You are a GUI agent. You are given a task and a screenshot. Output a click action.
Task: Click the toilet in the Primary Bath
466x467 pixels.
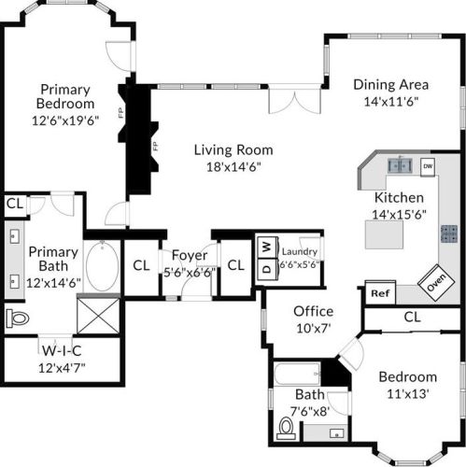click(x=18, y=318)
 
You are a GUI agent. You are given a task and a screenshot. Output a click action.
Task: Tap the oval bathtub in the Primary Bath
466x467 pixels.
click(x=102, y=265)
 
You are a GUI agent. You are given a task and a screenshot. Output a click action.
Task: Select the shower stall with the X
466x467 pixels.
click(x=98, y=316)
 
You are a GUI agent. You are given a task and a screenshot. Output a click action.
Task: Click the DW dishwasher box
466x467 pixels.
click(x=428, y=166)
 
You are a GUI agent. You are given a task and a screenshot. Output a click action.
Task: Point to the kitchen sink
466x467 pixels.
click(x=400, y=165)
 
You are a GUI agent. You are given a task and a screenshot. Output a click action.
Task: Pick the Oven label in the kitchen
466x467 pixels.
click(x=436, y=282)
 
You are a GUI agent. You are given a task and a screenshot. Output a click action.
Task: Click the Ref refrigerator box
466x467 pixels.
click(x=380, y=292)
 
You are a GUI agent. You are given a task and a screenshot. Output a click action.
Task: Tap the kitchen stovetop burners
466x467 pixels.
click(x=449, y=233)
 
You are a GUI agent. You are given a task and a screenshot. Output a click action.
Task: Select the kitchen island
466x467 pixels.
click(x=384, y=234)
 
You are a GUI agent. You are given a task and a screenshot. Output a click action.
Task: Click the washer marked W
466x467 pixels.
click(x=267, y=248)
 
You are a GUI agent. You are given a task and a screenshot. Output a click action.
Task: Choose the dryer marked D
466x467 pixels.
click(x=267, y=269)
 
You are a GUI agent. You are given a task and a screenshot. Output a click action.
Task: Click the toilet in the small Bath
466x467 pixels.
click(x=286, y=428)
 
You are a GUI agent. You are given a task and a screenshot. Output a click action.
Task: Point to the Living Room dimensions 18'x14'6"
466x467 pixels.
click(x=233, y=167)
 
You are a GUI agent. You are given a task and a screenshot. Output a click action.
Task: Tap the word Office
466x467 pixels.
click(x=313, y=311)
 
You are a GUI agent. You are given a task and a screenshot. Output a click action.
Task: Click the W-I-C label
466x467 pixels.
click(x=62, y=351)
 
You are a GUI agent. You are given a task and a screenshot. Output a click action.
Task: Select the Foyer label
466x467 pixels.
click(x=190, y=255)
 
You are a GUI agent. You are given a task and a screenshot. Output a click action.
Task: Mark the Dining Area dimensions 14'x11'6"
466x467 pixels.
click(x=391, y=102)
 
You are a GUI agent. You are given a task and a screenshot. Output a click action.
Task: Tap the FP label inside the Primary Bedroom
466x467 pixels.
click(x=121, y=113)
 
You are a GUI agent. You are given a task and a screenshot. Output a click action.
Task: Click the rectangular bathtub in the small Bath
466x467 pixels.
click(x=297, y=374)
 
